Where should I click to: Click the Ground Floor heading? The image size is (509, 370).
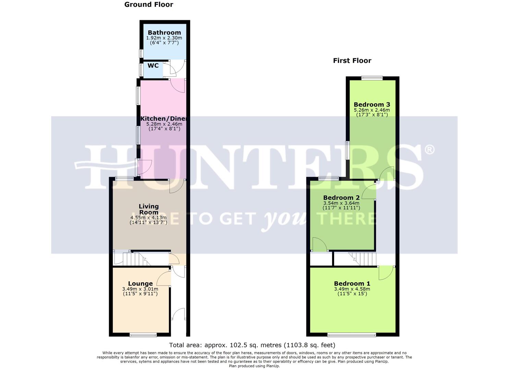tap(148, 4)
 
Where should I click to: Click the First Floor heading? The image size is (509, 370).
tap(352, 61)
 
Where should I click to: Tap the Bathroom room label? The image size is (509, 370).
tap(164, 33)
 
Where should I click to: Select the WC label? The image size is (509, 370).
tap(153, 65)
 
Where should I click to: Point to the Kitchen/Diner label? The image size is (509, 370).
tap(164, 119)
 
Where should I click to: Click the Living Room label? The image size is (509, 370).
tap(148, 209)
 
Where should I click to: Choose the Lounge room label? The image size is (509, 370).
tap(140, 284)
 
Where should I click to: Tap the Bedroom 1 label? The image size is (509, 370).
tap(352, 284)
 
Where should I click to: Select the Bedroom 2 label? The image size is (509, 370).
tap(341, 198)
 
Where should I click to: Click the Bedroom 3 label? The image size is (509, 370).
tap(372, 104)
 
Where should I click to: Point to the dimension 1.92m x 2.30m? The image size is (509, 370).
tap(164, 38)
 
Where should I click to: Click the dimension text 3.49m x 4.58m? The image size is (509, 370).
tap(352, 289)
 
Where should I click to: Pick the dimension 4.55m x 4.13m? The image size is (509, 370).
tap(148, 218)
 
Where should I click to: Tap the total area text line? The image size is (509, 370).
tap(252, 345)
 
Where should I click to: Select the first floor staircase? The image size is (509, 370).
tap(363, 259)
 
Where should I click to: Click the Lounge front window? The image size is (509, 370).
tap(143, 335)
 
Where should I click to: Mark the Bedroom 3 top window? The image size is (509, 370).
tap(372, 78)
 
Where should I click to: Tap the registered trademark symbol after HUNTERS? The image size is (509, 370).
tap(429, 149)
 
